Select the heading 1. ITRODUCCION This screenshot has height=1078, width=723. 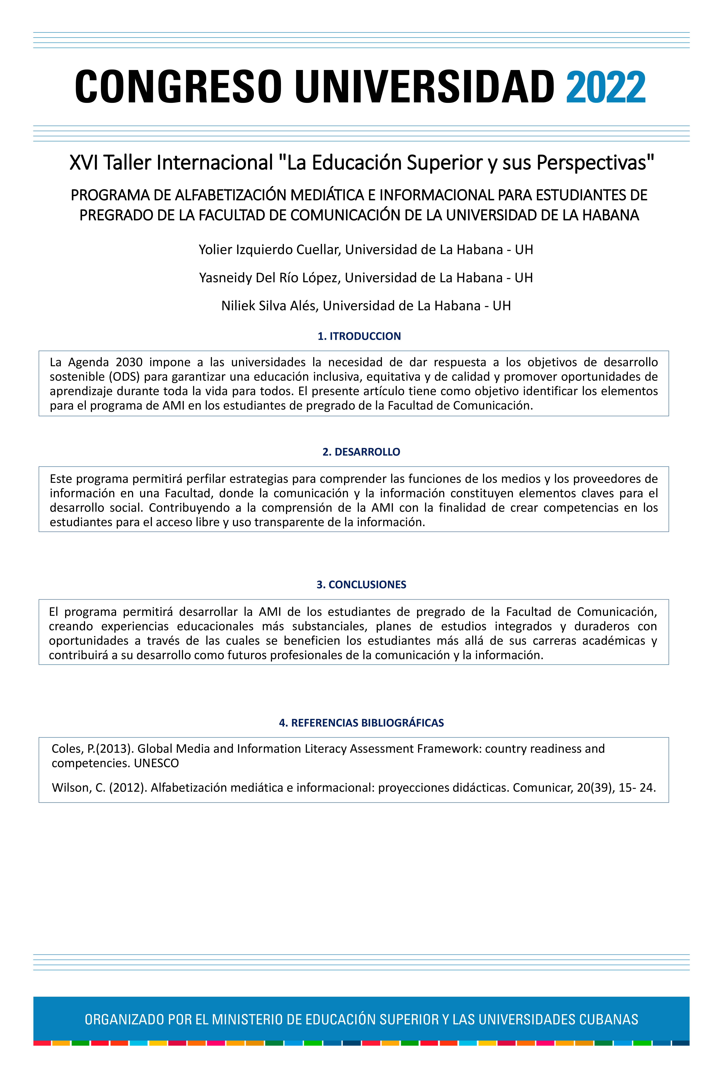[x=359, y=336]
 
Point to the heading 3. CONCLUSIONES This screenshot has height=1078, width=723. [x=361, y=584]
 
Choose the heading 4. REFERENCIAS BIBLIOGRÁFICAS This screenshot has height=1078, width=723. [x=361, y=723]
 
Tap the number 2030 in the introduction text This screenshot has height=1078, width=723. [x=129, y=362]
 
